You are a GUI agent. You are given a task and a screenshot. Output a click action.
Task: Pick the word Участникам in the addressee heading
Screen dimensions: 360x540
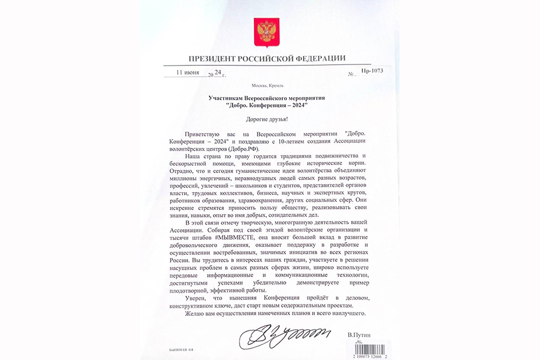(225, 98)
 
